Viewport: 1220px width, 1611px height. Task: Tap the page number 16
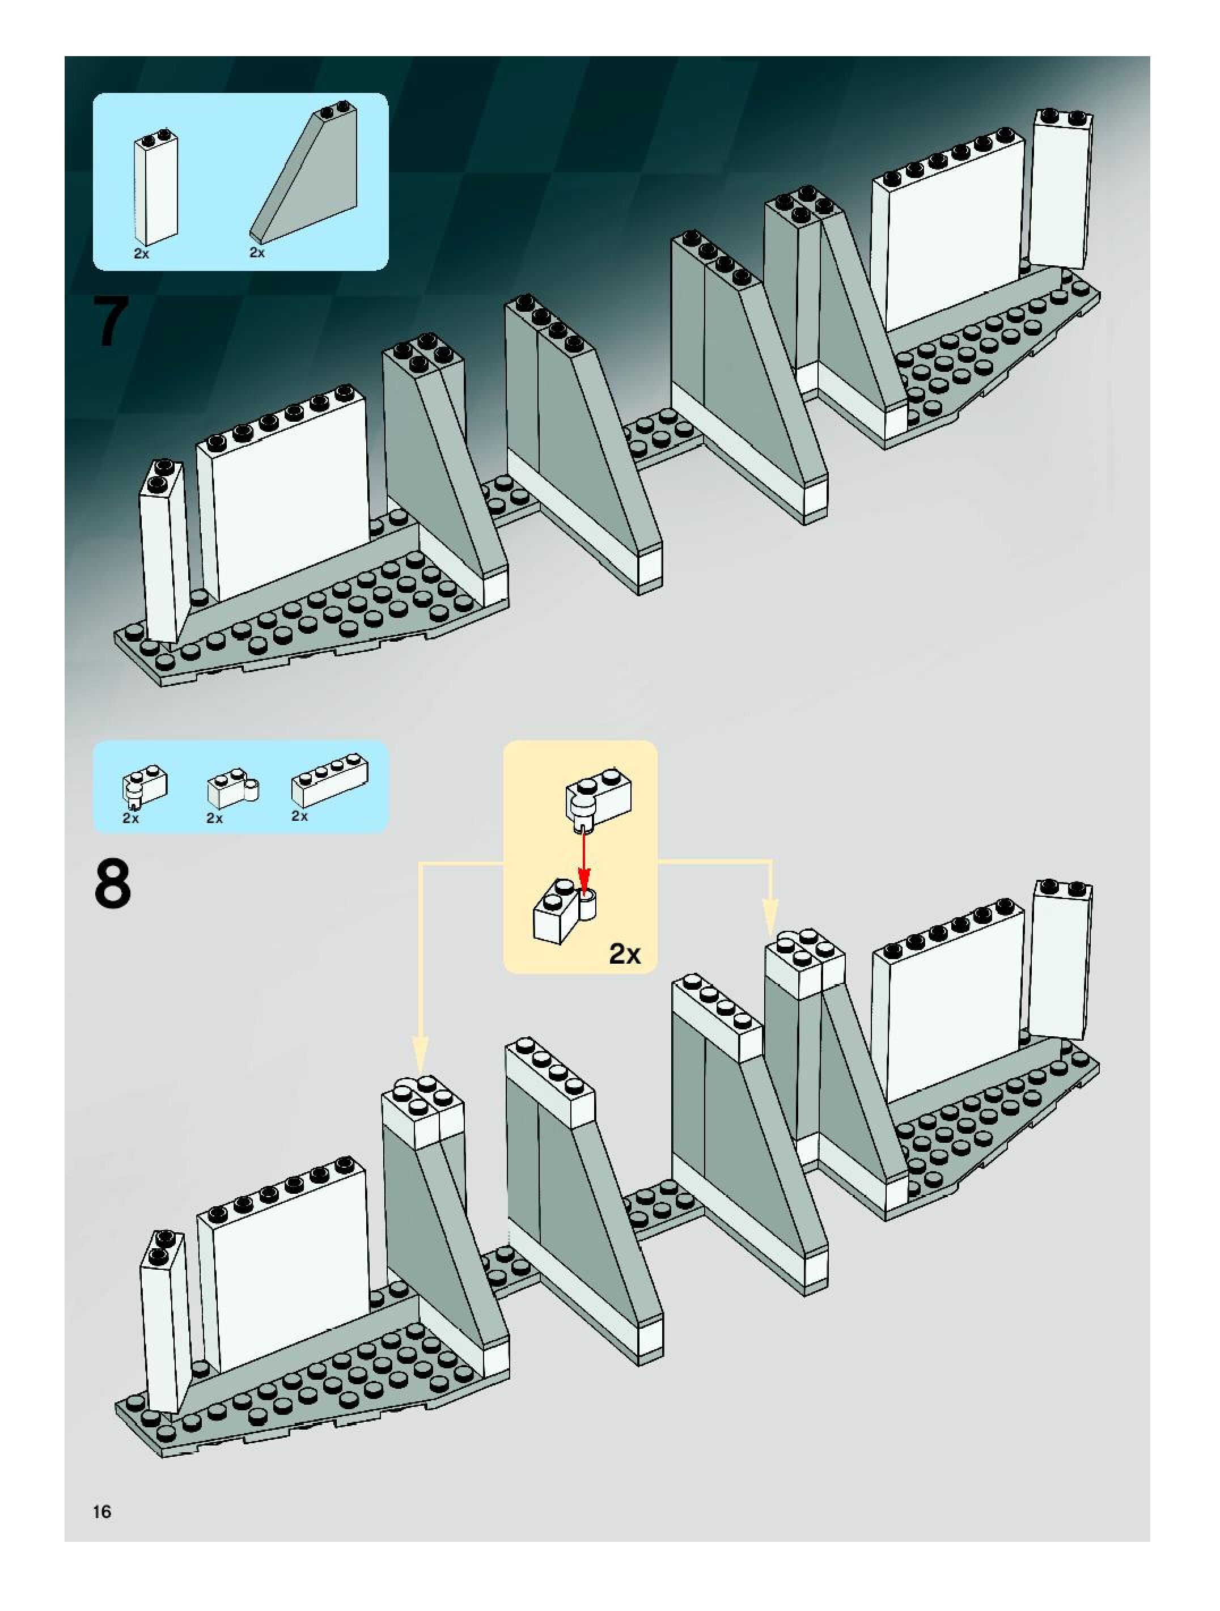pyautogui.click(x=102, y=1511)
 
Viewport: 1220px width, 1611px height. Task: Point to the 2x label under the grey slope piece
pyautogui.click(x=257, y=252)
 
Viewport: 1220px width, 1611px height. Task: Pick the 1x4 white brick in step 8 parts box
pyautogui.click(x=329, y=781)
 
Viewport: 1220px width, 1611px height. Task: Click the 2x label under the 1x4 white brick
pyautogui.click(x=299, y=816)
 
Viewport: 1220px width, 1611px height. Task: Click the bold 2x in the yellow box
pyautogui.click(x=624, y=953)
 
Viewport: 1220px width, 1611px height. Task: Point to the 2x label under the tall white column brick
pyautogui.click(x=141, y=253)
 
